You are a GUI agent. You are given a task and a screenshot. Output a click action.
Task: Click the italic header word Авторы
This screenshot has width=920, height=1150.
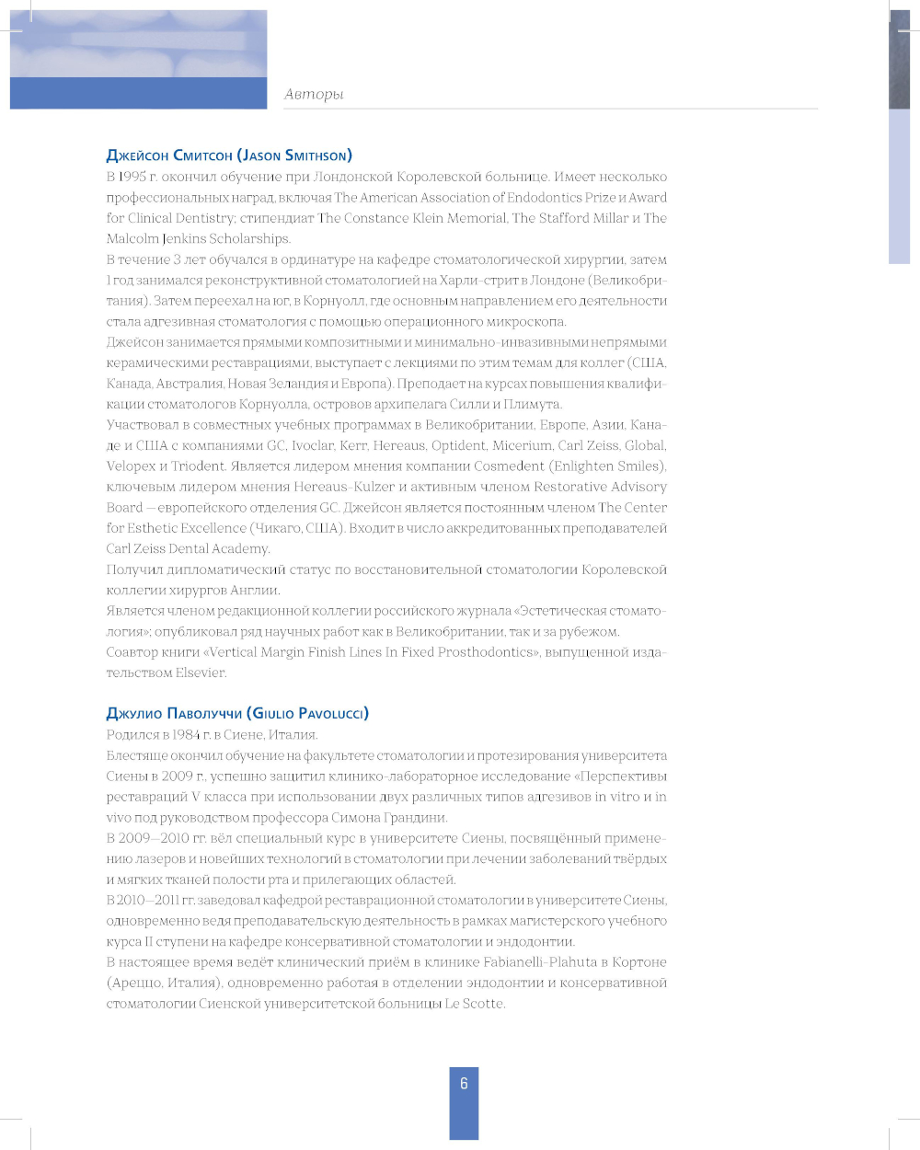[x=314, y=94]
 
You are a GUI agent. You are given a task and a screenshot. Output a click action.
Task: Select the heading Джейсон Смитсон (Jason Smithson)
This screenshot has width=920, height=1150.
[x=229, y=155]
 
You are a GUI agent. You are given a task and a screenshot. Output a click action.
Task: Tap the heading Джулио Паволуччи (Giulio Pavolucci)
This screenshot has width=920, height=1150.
[x=237, y=713]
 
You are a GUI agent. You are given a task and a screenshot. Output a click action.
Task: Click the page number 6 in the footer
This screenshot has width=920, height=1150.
[x=464, y=1084]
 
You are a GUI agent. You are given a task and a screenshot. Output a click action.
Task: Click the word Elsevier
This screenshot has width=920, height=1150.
[x=201, y=673]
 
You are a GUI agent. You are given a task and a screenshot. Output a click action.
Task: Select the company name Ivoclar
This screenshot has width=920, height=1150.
[x=315, y=445]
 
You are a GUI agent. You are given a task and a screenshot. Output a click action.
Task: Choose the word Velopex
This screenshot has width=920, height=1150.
[x=131, y=466]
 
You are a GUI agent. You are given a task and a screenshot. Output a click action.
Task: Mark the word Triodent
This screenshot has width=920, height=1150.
[x=199, y=466]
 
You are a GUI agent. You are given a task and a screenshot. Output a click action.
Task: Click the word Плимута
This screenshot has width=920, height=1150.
[x=533, y=404]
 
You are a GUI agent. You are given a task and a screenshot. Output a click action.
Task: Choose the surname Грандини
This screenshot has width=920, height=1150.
[x=413, y=817]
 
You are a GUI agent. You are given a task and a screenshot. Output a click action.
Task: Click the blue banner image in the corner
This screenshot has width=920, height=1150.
[x=138, y=60]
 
